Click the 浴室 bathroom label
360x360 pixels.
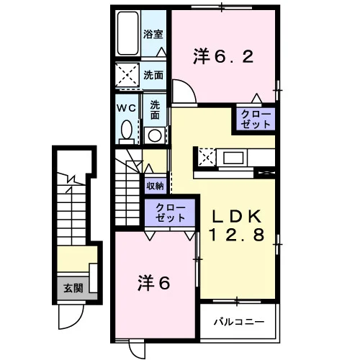[153, 35]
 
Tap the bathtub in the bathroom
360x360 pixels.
[127, 33]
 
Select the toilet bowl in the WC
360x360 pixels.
[127, 130]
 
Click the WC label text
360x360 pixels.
[127, 108]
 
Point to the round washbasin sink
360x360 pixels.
[155, 135]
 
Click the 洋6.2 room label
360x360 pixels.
[223, 56]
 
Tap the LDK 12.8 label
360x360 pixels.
[237, 225]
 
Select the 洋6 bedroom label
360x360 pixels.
[154, 282]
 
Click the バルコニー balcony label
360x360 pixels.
[239, 321]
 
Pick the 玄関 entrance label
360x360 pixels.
[73, 288]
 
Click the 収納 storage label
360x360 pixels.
[156, 186]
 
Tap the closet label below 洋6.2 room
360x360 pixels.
[256, 120]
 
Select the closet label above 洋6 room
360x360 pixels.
[171, 212]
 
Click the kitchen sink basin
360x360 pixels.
[233, 158]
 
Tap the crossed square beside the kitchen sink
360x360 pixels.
[207, 157]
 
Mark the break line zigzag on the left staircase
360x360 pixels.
[71, 180]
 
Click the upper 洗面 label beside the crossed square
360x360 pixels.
[153, 76]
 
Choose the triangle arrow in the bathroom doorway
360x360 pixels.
[161, 52]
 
